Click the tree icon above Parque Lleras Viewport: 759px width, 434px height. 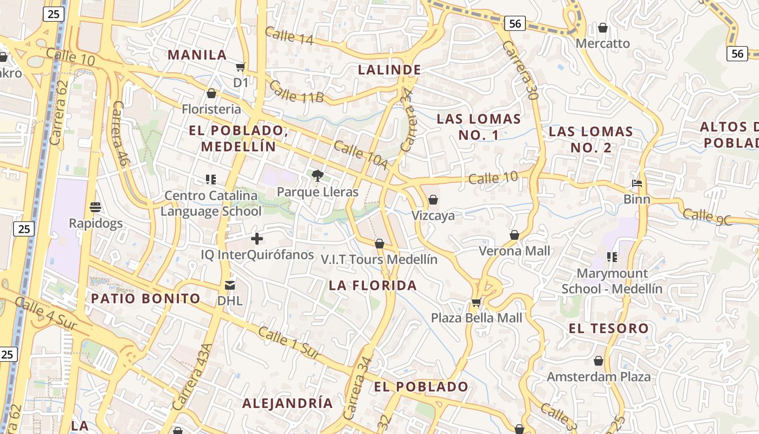coord(318,176)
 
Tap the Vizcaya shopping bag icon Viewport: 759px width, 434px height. coord(433,200)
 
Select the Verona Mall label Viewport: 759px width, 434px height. coord(514,251)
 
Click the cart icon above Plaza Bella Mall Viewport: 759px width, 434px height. coord(476,302)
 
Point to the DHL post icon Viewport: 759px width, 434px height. coord(230,285)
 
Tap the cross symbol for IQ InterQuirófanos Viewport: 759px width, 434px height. coord(257,238)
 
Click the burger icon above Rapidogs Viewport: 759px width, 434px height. coord(96,207)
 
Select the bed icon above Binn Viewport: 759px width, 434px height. coord(637,183)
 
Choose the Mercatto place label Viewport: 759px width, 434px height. coord(603,43)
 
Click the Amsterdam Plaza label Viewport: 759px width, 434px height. coord(599,376)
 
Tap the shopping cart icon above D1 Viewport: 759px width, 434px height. coord(240,67)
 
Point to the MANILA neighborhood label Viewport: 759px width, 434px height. coord(197,55)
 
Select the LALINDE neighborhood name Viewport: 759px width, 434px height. coord(389,69)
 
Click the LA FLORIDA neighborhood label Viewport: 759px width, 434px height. coord(373,285)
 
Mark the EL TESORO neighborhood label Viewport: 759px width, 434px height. coord(608,328)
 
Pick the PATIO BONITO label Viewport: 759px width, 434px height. coord(145,298)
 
